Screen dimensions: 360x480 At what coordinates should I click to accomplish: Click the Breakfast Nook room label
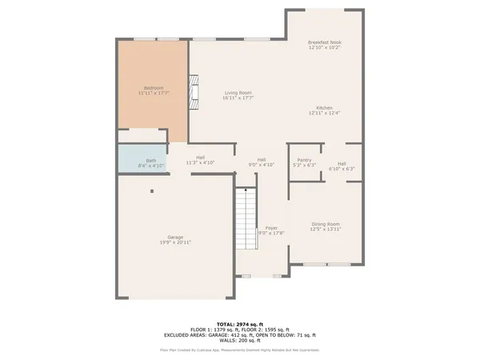click(325, 42)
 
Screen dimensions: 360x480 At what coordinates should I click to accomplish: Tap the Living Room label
click(238, 93)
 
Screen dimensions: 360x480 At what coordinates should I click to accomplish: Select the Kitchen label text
click(324, 108)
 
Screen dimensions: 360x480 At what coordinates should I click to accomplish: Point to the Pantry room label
click(304, 160)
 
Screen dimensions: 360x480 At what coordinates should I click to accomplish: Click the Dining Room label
click(326, 224)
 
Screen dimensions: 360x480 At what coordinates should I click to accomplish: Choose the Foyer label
click(272, 228)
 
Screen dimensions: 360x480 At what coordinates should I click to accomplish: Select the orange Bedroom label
click(154, 87)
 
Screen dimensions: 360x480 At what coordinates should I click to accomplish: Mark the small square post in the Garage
click(152, 191)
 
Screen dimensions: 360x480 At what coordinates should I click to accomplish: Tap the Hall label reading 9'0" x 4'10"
click(262, 159)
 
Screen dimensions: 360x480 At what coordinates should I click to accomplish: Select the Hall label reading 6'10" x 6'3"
click(342, 164)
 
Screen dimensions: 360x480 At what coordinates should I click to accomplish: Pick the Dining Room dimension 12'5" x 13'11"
click(326, 230)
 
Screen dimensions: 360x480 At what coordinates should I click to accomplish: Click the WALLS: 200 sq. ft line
click(240, 341)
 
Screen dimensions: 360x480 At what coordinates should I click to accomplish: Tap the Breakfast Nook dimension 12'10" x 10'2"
click(325, 48)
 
